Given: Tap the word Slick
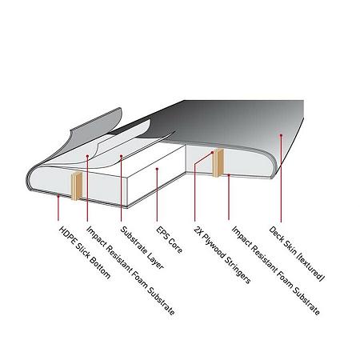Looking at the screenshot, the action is (x=82, y=250).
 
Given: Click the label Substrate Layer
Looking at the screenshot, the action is (x=142, y=248).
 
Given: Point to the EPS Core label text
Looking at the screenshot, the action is (x=170, y=240).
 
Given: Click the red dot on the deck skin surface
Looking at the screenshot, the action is (x=281, y=135).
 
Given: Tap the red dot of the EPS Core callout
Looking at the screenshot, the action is (x=157, y=169).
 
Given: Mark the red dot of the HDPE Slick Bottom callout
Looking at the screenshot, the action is (x=58, y=196).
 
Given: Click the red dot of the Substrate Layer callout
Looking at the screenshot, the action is (x=121, y=156).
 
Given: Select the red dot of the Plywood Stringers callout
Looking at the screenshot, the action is (x=212, y=153).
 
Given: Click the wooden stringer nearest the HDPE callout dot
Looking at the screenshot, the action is (x=77, y=186).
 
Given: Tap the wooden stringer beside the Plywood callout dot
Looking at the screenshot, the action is (x=218, y=162).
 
